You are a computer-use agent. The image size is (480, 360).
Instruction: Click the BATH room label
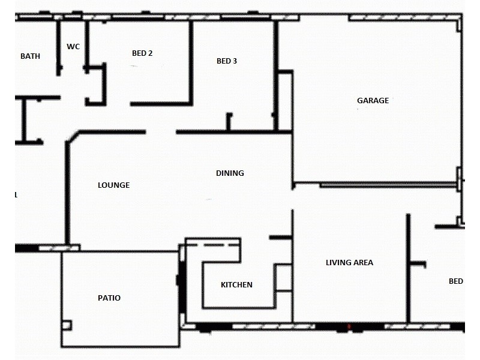coord(31,56)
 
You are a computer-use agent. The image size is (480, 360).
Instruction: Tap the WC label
coord(73,46)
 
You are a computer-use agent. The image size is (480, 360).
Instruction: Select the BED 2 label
coord(142,53)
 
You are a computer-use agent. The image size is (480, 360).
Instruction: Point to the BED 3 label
coord(227,61)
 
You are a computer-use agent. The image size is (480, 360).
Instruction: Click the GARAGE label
coord(373,101)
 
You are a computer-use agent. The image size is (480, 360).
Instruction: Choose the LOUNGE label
coord(113,185)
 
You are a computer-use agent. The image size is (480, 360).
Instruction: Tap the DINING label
coord(230,173)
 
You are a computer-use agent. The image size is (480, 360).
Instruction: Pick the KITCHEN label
coord(236,285)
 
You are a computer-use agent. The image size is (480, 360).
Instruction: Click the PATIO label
coord(109,298)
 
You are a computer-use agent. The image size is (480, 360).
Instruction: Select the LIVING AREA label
coord(349,263)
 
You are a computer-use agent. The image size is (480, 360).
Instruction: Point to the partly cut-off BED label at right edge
coord(455,281)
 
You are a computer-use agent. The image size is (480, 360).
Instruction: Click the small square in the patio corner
coord(66,325)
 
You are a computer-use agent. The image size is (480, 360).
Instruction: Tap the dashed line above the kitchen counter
coord(213,245)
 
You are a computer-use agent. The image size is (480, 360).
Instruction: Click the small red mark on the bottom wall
coord(349,327)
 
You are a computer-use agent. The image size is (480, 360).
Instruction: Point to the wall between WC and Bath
coord(59,48)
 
